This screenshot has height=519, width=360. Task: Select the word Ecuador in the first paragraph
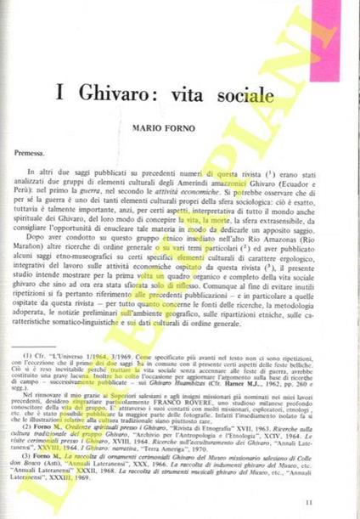[x=308, y=185]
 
